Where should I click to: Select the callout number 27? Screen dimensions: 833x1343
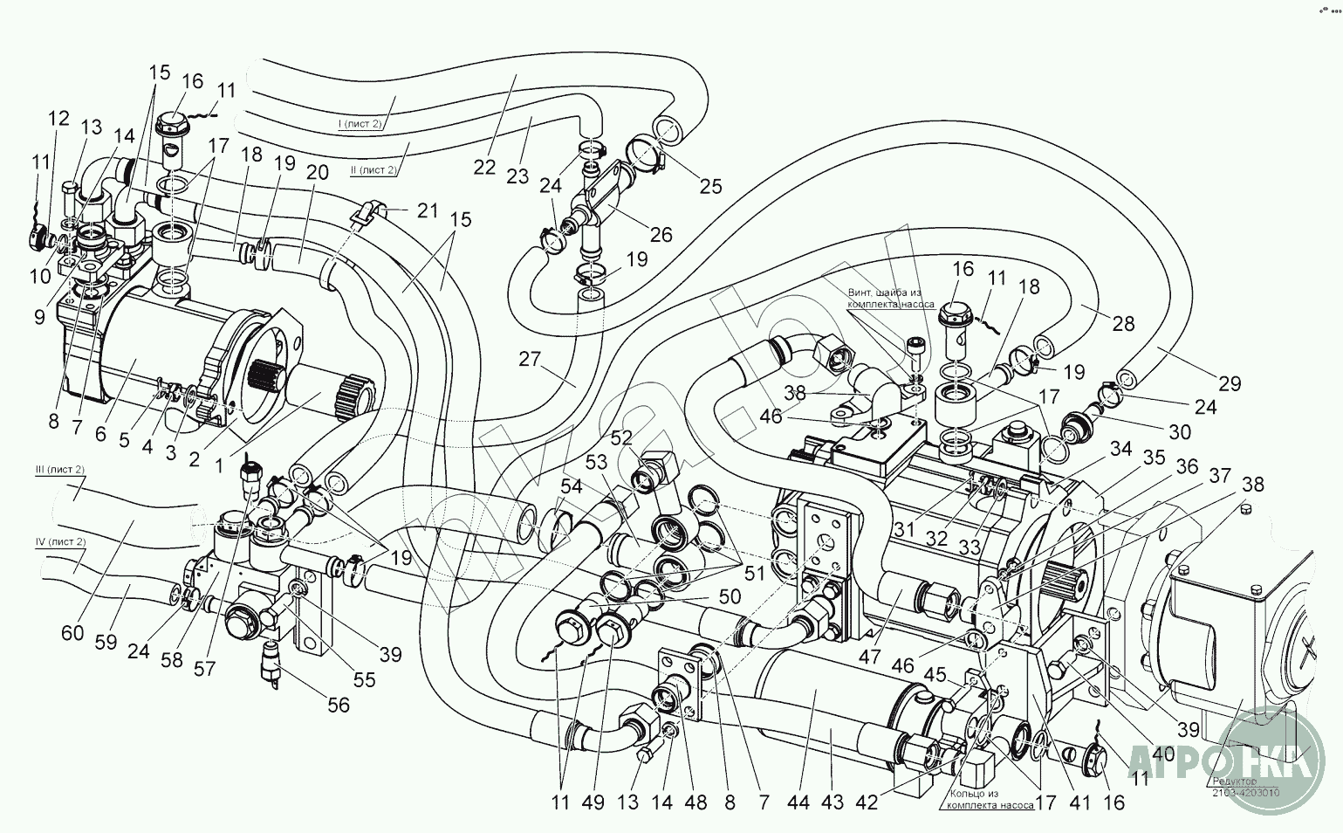529,359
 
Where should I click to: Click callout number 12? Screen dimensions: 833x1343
58,119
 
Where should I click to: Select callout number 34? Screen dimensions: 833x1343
1121,449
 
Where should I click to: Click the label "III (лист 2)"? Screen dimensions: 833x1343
60,471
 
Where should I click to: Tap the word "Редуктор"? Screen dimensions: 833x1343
1233,781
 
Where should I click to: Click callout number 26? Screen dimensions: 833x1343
661,234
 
